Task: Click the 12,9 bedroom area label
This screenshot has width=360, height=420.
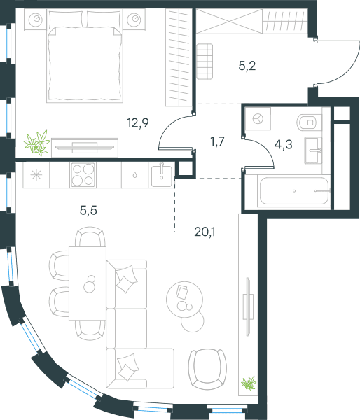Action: (x=138, y=123)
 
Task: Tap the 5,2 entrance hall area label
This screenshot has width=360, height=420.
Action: (x=247, y=66)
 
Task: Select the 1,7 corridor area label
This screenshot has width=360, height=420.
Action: (x=217, y=141)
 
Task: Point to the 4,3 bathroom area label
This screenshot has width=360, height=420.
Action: (x=284, y=145)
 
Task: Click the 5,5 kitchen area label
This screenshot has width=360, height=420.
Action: (x=88, y=211)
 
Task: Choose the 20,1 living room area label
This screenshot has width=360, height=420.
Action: (x=205, y=232)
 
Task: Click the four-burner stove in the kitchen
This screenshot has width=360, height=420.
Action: (x=83, y=174)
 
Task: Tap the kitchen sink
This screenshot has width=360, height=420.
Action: (x=161, y=176)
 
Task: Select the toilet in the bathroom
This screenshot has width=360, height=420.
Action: (x=310, y=122)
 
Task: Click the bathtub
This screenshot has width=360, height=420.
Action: (x=294, y=190)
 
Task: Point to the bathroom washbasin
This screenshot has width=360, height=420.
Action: (x=313, y=150)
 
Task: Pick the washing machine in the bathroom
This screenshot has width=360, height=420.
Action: (x=258, y=119)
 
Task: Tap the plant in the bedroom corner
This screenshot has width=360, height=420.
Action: (x=36, y=143)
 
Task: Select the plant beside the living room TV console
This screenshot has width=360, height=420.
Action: (x=249, y=384)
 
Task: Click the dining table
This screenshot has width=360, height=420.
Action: (x=88, y=283)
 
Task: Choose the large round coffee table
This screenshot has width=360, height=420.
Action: (x=184, y=300)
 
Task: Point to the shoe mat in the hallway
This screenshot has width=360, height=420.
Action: (x=205, y=62)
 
